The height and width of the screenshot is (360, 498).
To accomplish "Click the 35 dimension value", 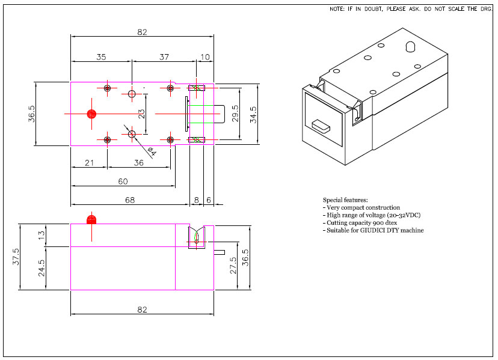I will (x=101, y=56).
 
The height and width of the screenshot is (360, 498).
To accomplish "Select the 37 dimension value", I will (x=164, y=56).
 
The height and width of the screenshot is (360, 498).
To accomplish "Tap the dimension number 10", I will (x=205, y=56).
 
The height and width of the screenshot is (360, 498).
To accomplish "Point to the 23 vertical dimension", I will (x=141, y=114).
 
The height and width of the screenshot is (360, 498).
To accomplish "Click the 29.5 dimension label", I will (x=235, y=114).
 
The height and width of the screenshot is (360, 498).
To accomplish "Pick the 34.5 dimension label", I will (x=254, y=114).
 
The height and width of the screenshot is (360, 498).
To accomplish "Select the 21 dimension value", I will (x=89, y=163).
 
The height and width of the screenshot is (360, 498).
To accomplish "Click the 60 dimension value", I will (x=123, y=181).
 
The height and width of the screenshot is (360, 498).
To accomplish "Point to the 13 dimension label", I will (x=41, y=235).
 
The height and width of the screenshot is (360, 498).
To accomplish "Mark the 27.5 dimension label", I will (x=232, y=266).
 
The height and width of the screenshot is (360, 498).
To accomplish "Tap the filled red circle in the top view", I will (x=91, y=114).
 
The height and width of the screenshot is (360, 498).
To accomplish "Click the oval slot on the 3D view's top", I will (x=410, y=47).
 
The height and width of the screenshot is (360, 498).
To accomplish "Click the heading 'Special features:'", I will (x=345, y=200).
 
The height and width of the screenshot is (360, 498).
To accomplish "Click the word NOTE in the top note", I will (x=336, y=10).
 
